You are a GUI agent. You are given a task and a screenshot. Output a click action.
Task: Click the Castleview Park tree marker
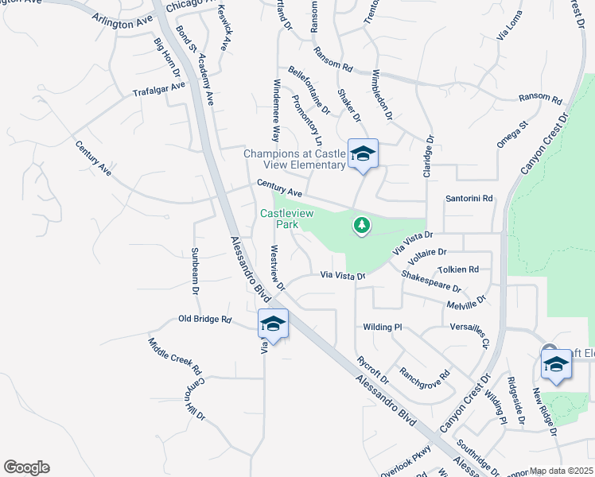tap(362, 227)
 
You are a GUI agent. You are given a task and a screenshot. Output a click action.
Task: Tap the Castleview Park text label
tap(287, 219)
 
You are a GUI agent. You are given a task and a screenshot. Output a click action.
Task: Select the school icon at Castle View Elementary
tap(363, 153)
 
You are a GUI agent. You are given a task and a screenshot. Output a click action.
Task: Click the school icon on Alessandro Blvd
tap(273, 324)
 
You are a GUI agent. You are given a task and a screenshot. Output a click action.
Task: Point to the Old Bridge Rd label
tap(204, 320)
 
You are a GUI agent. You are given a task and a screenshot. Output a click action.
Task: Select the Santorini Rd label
tap(469, 198)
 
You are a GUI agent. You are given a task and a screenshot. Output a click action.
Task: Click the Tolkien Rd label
tap(462, 270)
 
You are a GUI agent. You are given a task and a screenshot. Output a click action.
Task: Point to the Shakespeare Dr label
tap(431, 281)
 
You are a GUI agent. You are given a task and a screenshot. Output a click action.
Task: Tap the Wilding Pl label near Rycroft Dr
tap(383, 328)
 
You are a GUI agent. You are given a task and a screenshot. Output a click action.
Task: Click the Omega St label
tap(513, 135)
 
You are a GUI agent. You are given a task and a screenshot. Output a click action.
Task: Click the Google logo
tap(26, 467)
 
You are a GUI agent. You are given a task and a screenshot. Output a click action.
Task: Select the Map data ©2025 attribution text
tap(562, 471)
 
